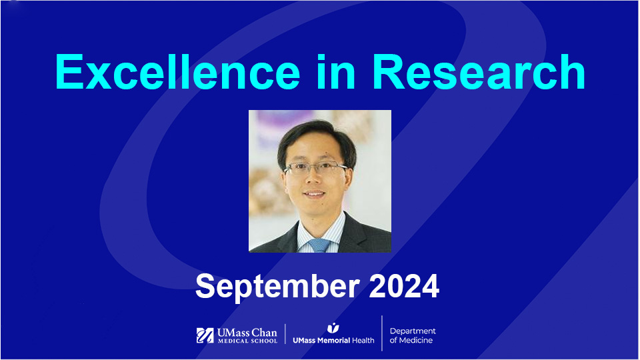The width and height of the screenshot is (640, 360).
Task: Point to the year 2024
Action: click(x=403, y=286)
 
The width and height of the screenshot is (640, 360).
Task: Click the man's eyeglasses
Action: click(x=315, y=169)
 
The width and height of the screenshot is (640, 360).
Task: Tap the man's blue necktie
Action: click(x=319, y=245)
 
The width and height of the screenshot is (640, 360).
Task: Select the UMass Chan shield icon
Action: click(x=205, y=335)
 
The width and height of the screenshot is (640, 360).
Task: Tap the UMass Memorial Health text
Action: click(x=333, y=341)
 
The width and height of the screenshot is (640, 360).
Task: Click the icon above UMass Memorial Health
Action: click(x=333, y=328)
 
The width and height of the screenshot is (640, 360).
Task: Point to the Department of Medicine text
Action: click(x=413, y=335)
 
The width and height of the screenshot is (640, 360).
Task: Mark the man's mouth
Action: click(x=317, y=198)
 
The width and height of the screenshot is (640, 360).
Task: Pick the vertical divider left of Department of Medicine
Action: click(x=382, y=333)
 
